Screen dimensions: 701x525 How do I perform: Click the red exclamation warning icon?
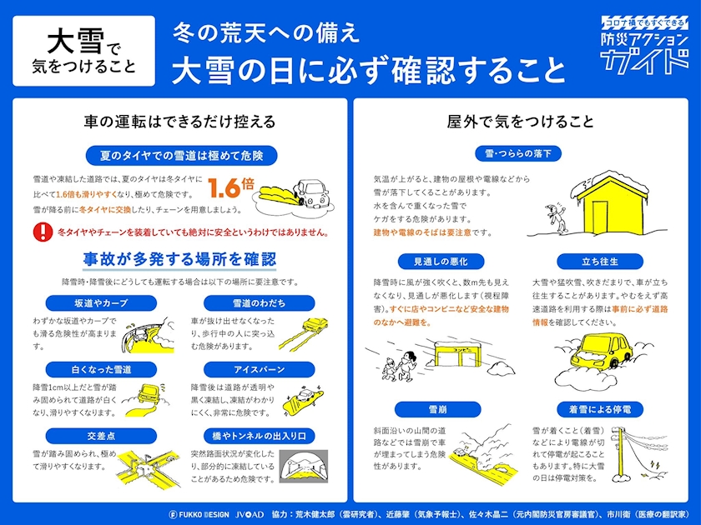[x=43, y=232]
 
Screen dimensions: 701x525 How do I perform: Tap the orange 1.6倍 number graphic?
[x=230, y=187]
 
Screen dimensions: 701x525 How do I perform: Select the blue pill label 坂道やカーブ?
[x=101, y=303]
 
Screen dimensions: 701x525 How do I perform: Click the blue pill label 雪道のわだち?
[x=259, y=303]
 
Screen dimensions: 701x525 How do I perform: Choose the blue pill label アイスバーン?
[x=259, y=370]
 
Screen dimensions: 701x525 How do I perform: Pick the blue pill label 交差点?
[x=101, y=436]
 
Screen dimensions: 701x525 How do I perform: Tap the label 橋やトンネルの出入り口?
[x=259, y=436]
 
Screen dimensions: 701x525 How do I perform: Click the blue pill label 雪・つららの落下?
[x=518, y=153]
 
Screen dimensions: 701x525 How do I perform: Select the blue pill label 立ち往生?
[x=600, y=262]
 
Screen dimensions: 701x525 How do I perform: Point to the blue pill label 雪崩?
[x=437, y=409]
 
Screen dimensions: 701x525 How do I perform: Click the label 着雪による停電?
[x=600, y=409]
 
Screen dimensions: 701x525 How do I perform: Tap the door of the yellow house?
[x=599, y=217]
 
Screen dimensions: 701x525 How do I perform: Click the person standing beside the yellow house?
[x=556, y=218]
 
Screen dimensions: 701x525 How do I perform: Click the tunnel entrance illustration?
[x=304, y=467]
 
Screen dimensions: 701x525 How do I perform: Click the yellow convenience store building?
[x=458, y=354]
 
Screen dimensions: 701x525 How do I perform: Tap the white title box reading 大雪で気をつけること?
[x=84, y=51]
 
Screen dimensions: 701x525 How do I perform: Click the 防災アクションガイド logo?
[x=644, y=45]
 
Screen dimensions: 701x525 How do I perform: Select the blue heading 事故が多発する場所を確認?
[x=179, y=259]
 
